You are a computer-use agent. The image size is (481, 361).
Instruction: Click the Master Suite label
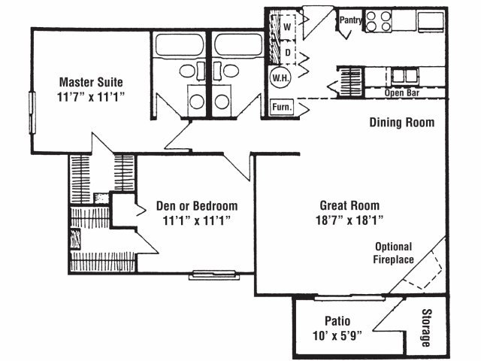click(x=91, y=82)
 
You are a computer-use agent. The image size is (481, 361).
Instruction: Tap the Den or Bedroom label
click(x=197, y=205)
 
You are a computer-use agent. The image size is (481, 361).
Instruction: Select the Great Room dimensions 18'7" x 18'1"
click(x=349, y=220)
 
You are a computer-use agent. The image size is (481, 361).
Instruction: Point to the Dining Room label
click(x=402, y=123)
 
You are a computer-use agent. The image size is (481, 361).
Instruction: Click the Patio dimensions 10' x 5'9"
click(x=337, y=335)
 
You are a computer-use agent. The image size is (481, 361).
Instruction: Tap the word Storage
click(x=426, y=328)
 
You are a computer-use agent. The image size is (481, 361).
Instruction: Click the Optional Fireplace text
click(x=394, y=253)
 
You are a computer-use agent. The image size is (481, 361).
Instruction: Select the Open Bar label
click(x=402, y=93)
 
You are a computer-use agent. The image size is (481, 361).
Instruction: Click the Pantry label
click(x=350, y=20)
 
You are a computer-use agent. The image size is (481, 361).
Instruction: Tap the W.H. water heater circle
click(x=280, y=77)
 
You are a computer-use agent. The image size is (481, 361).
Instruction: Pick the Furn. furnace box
click(x=282, y=107)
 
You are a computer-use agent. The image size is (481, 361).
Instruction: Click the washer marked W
click(x=287, y=27)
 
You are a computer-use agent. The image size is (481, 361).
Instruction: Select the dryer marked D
click(x=288, y=53)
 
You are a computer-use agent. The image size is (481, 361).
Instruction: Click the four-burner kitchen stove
click(x=379, y=21)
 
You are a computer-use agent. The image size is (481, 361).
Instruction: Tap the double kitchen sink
click(x=405, y=76)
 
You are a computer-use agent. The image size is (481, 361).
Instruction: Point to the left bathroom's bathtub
click(x=180, y=45)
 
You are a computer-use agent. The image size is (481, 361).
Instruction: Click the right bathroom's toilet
click(x=226, y=71)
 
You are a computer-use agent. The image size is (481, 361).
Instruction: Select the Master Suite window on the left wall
click(x=32, y=113)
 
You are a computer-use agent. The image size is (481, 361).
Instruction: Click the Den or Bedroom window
click(x=214, y=275)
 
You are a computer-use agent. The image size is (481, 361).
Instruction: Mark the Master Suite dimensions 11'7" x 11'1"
click(x=91, y=97)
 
